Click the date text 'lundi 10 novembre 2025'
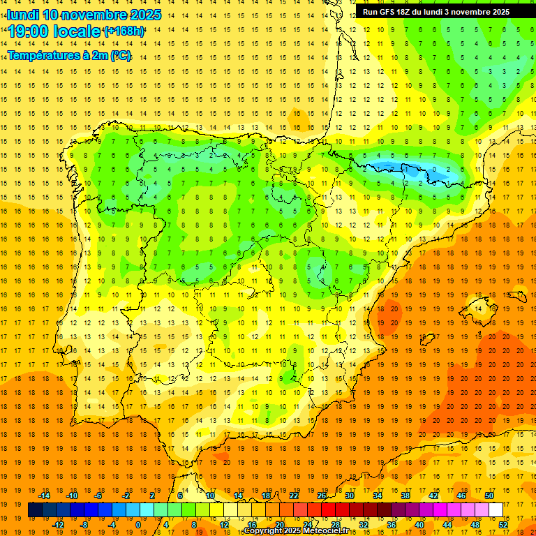84,15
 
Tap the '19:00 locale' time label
54,31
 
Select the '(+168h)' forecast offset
124,31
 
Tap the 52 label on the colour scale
503,525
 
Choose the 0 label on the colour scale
137,525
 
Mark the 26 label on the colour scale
322,495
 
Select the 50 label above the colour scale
489,495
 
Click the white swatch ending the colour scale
496,510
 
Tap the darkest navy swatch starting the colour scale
35,510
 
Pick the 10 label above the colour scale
209,495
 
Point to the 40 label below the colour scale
419,525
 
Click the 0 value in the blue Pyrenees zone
433,170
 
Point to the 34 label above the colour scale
378,495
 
